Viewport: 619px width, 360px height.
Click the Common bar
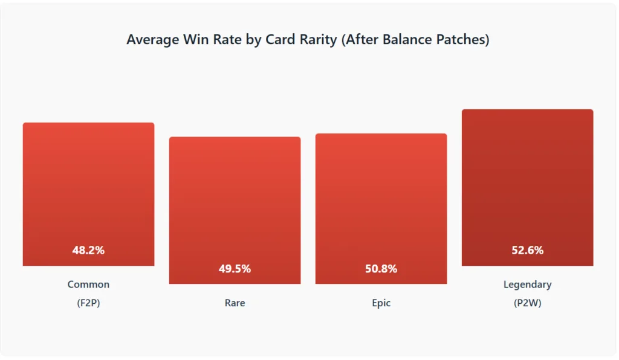tap(88, 193)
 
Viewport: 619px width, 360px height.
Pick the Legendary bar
tap(527, 187)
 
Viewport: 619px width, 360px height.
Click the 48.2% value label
tap(88, 250)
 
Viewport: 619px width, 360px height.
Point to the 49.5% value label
tap(235, 269)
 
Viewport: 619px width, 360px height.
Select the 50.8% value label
tap(381, 269)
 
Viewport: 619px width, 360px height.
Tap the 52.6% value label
tap(527, 250)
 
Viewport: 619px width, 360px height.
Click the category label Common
tap(88, 284)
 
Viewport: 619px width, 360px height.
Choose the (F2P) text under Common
tap(88, 303)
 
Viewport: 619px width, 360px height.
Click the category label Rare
tap(235, 303)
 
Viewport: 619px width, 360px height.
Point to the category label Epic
tap(381, 303)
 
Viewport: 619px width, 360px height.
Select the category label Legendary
tap(527, 284)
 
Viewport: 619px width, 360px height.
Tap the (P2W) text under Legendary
tap(527, 303)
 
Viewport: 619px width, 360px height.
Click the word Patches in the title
tap(462, 40)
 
